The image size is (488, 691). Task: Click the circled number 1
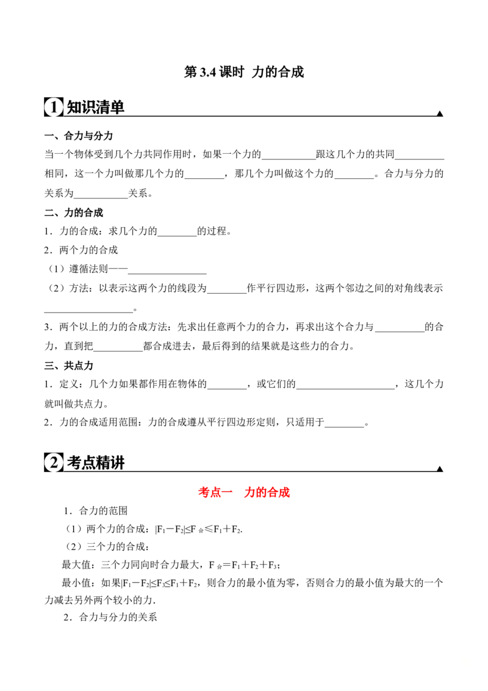53,107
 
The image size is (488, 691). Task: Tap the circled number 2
53,463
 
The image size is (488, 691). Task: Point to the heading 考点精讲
95,463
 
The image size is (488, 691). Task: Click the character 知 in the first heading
73,107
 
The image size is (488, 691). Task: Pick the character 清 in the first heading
103,107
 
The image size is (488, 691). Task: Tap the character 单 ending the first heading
118,107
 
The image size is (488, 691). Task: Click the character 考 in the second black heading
73,463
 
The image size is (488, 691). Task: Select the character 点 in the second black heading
88,463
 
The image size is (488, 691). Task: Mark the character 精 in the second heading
103,463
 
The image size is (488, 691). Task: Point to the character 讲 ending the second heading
118,463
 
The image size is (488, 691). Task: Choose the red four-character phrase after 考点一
267,492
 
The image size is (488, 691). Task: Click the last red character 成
285,492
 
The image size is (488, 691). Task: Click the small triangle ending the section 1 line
439,112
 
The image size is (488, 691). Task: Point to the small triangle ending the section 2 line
439,468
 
